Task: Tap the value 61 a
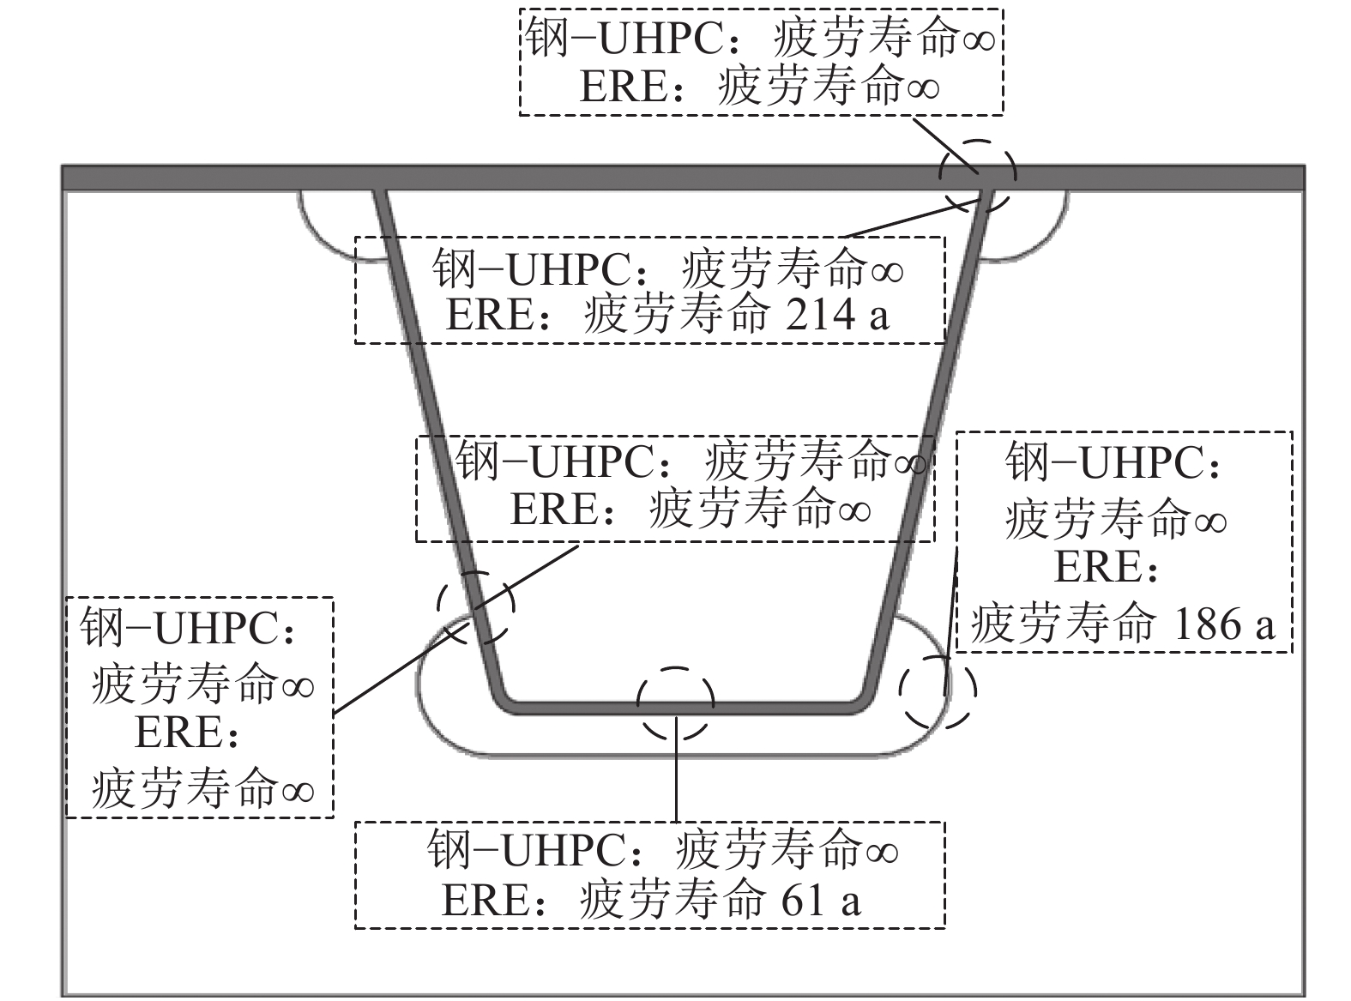click(819, 901)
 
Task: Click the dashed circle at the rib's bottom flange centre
click(676, 703)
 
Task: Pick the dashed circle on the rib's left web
click(476, 607)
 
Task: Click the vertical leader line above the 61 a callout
click(677, 772)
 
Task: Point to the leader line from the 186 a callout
click(951, 618)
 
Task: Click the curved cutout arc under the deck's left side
click(317, 232)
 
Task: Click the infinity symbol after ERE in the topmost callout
click(922, 88)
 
